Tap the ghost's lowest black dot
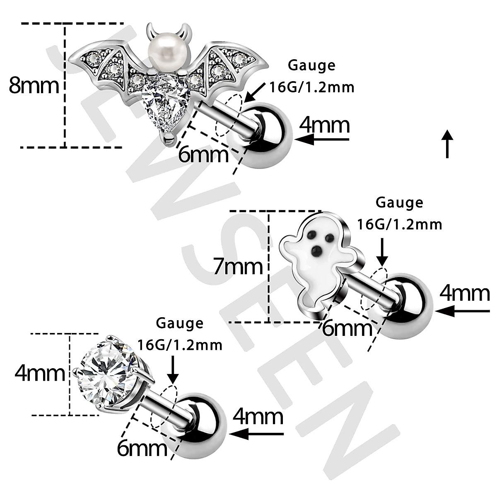pos(317,250)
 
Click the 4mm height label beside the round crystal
pos(40,374)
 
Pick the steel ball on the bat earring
pos(269,134)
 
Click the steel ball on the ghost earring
pos(408,305)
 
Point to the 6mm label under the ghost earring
pos(347,329)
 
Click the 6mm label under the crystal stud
pos(142,449)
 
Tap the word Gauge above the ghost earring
pos(399,203)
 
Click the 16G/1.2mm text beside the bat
pos(312,87)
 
